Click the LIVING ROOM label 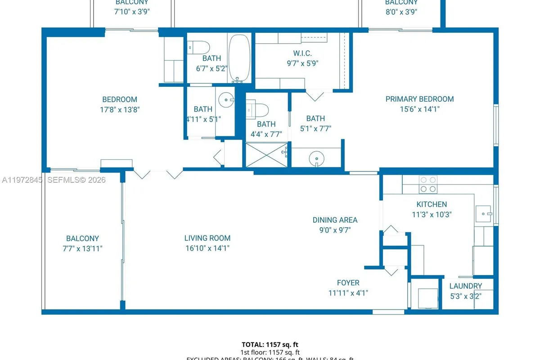point(207,238)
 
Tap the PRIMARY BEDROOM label point(419,99)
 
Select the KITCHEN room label point(431,204)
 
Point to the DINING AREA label point(335,220)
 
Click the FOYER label point(348,283)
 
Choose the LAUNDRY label point(465,286)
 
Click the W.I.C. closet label point(302,54)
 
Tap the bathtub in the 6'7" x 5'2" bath point(239,58)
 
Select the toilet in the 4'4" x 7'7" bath point(258,109)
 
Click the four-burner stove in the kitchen point(427,184)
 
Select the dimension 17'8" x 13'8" point(119,109)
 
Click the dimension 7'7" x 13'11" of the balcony point(82,248)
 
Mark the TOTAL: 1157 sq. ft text point(270,344)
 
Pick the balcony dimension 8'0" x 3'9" point(401,12)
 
